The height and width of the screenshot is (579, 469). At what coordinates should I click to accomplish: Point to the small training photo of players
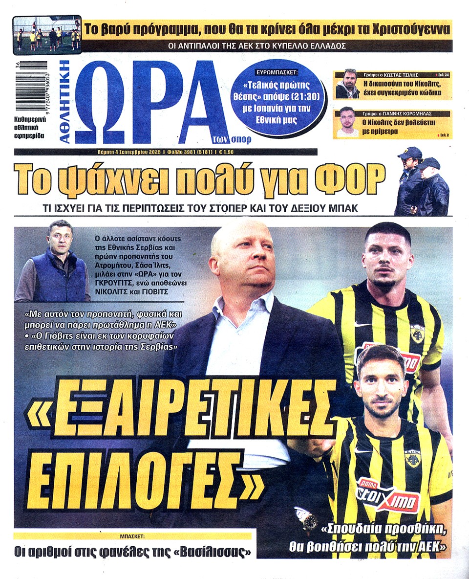coord(47,34)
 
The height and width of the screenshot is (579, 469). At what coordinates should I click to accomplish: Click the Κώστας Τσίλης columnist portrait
coord(347,84)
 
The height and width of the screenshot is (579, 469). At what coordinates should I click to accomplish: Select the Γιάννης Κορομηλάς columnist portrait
coord(347,122)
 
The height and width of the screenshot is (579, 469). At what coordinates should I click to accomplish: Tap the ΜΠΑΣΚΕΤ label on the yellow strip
coord(132,536)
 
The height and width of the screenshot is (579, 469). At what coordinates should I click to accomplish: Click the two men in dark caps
coord(421,182)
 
